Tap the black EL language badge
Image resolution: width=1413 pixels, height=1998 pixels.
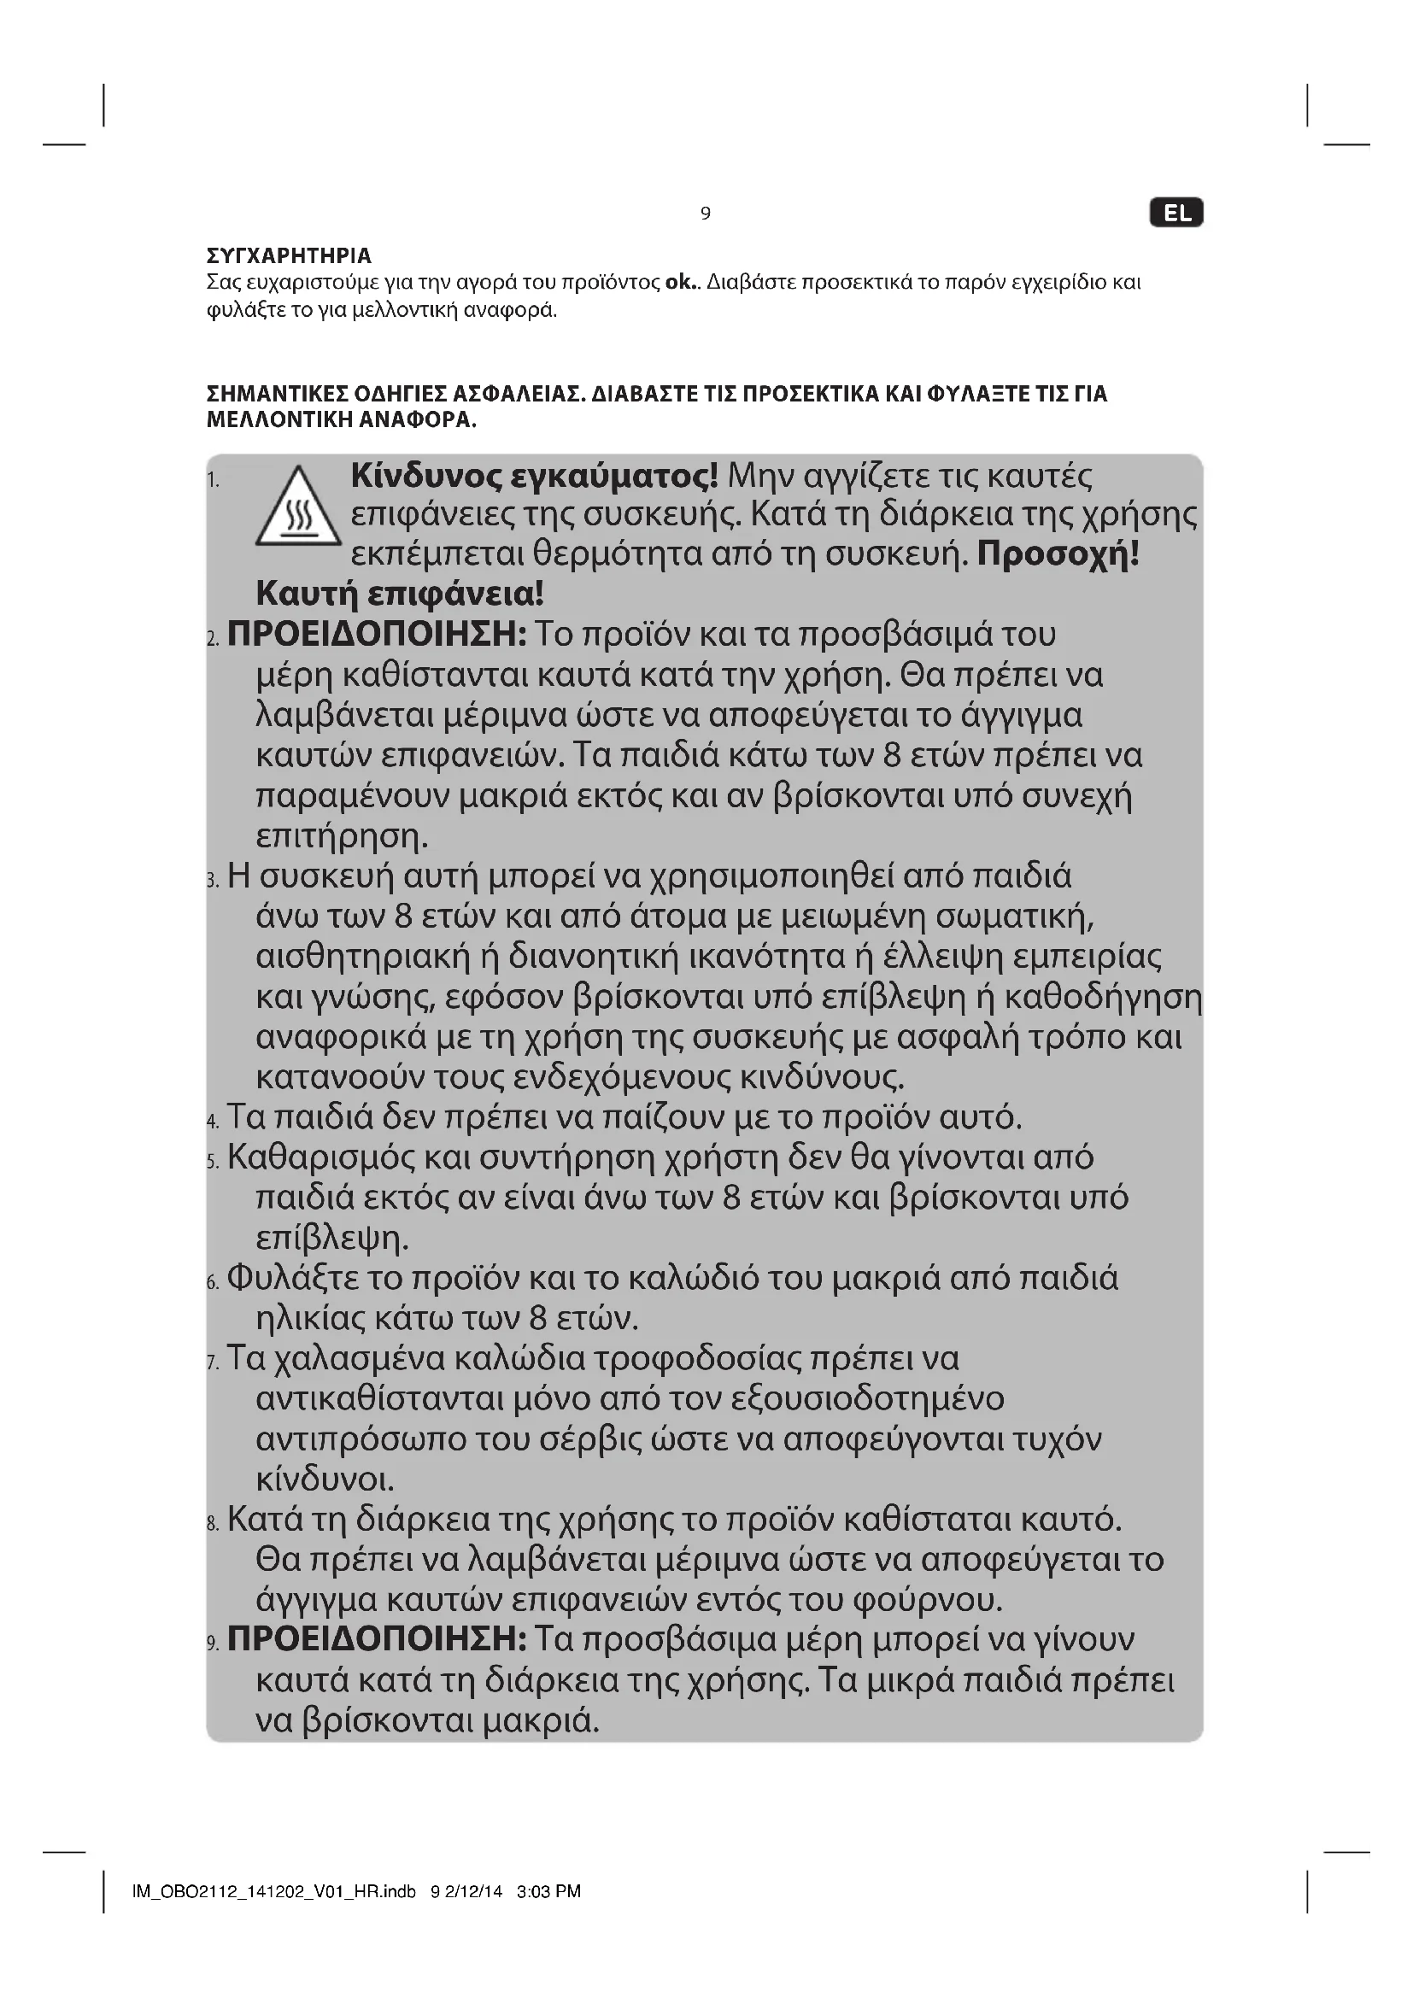(x=1176, y=214)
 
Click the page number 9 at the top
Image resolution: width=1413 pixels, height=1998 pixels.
(x=706, y=214)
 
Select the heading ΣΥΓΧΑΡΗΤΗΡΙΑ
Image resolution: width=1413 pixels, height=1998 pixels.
(x=289, y=256)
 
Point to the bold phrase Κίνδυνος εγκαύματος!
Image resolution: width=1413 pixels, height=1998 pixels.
(x=534, y=476)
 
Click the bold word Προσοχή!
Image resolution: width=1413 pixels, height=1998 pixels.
(x=1057, y=554)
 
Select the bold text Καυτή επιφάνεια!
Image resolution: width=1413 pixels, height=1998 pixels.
(x=400, y=595)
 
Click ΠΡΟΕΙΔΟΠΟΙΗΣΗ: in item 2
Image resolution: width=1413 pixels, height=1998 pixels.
(x=377, y=635)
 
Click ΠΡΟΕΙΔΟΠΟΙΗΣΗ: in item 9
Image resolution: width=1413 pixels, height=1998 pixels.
(x=377, y=1639)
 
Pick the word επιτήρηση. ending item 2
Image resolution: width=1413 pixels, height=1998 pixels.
(x=343, y=836)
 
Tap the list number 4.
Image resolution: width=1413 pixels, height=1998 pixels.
(x=214, y=1121)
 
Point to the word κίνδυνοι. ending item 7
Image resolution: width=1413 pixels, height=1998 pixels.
(x=325, y=1479)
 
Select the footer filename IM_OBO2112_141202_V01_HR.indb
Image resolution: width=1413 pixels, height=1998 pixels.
(x=273, y=1891)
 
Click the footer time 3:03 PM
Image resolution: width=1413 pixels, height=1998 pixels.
(x=548, y=1891)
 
